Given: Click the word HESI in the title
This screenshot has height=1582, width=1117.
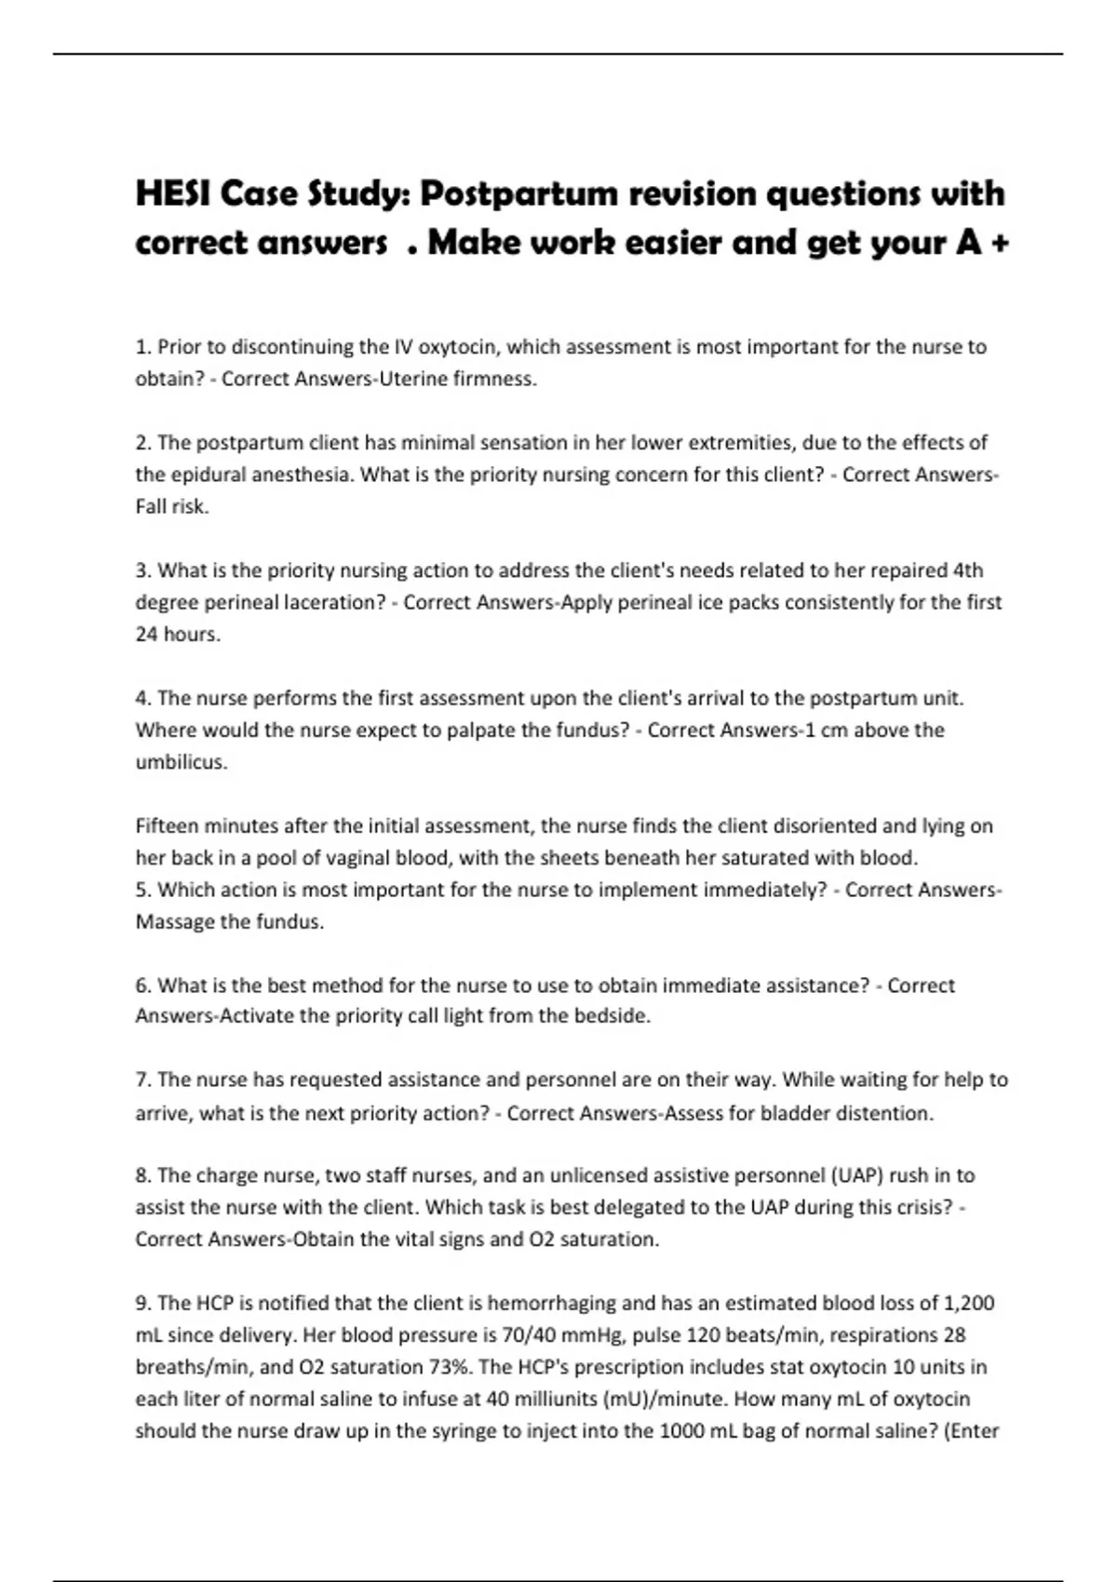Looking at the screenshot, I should [168, 194].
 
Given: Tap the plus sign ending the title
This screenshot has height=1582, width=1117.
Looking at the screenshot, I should [1001, 243].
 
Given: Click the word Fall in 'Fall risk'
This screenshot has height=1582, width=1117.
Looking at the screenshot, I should [152, 506].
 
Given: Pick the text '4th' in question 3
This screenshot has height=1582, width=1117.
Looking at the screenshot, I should [968, 570].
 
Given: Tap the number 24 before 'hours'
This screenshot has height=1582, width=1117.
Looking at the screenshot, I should [147, 635].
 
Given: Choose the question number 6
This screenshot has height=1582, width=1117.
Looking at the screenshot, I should [142, 985].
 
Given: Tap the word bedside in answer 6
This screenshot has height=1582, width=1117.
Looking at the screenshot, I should [612, 1016].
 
